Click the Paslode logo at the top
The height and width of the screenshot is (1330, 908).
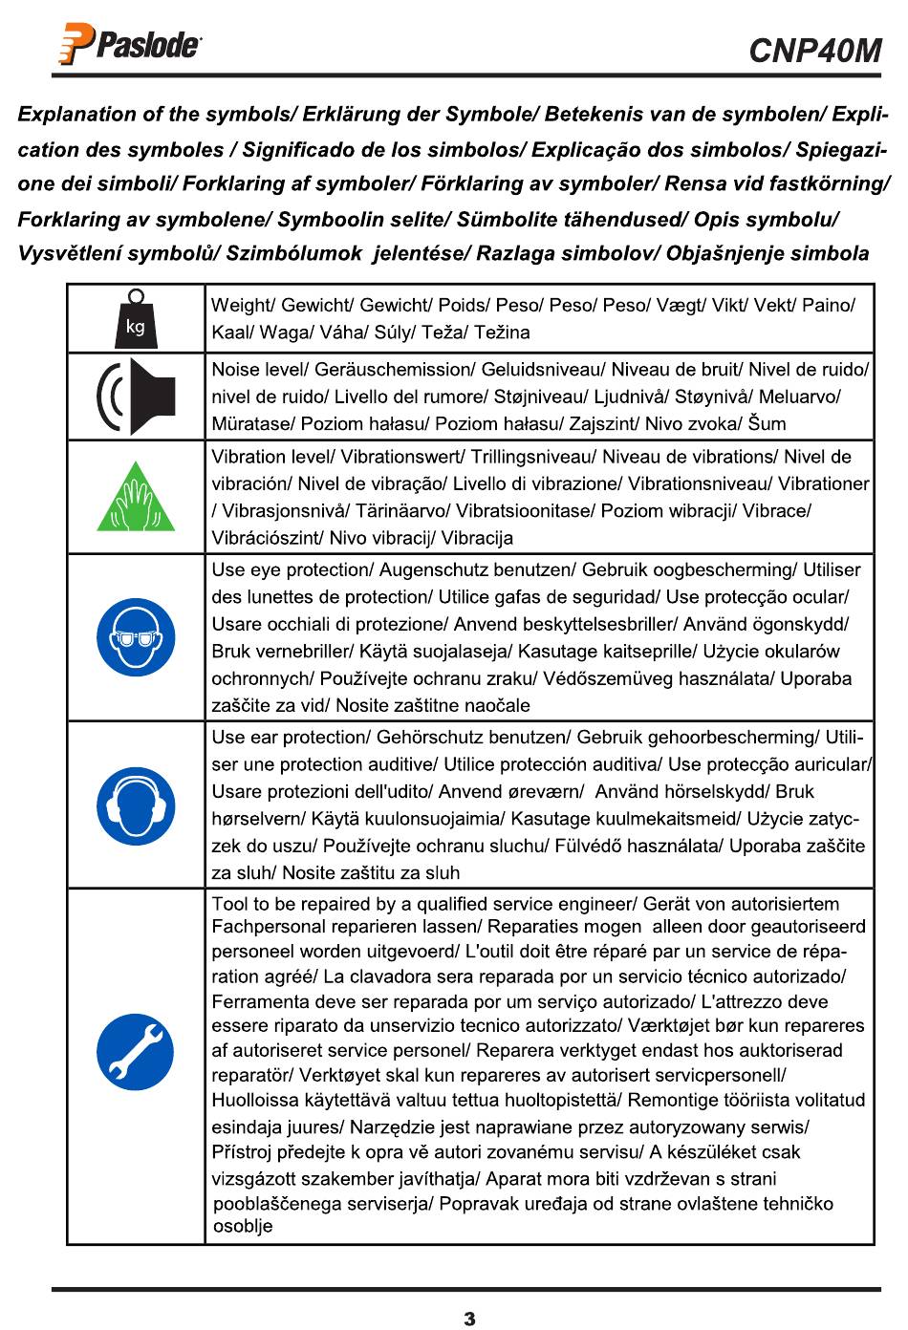click(131, 46)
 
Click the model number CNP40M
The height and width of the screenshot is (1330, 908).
click(814, 50)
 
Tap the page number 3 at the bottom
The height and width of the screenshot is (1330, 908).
click(469, 1319)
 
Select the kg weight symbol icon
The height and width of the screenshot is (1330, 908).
click(136, 318)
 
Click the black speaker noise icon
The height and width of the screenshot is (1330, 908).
click(136, 396)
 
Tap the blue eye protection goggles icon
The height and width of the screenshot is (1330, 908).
click(136, 637)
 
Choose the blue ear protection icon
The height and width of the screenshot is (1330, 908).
click(136, 805)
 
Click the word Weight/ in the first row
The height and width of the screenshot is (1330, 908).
click(242, 306)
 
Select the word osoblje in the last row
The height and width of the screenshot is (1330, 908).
click(243, 1226)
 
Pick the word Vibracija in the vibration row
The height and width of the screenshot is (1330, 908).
click(477, 538)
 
